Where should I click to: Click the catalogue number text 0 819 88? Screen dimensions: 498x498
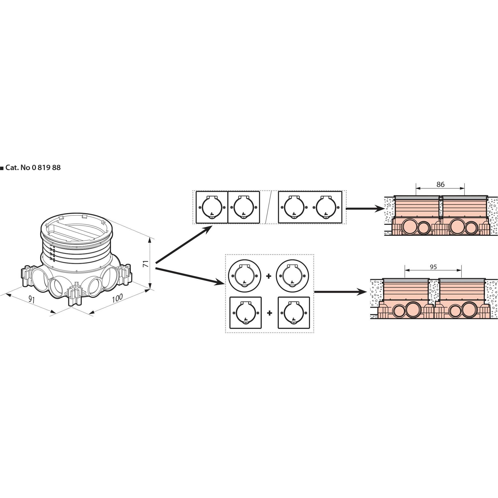pyautogui.click(x=46, y=168)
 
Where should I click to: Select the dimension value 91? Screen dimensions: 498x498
pyautogui.click(x=31, y=299)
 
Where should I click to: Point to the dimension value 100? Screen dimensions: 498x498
pyautogui.click(x=117, y=298)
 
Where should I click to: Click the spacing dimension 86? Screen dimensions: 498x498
pyautogui.click(x=440, y=184)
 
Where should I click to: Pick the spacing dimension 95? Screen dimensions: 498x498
pyautogui.click(x=433, y=267)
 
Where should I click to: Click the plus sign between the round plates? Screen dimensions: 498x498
pyautogui.click(x=269, y=276)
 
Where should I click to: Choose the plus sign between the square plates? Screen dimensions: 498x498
pyautogui.click(x=270, y=313)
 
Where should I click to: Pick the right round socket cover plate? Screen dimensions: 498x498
pyautogui.click(x=292, y=276)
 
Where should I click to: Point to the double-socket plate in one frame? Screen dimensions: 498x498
pyautogui.click(x=310, y=207)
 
